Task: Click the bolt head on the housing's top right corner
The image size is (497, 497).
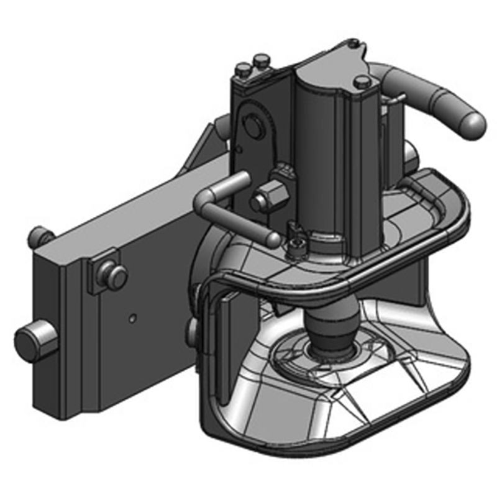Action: coord(362,81)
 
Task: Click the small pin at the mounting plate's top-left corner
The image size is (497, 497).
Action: coord(39,235)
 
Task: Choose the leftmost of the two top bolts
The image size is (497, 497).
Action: coord(244,70)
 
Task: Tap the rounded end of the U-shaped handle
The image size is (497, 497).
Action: coord(271,239)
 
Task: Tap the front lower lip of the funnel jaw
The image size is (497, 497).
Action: coord(348,429)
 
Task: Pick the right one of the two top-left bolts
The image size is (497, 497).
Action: coord(260,63)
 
